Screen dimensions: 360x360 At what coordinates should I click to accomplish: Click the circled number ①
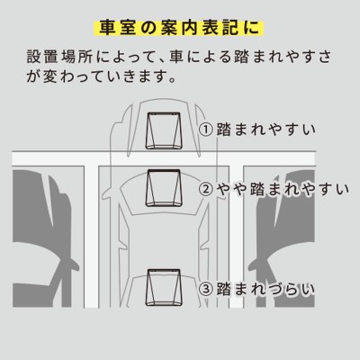[206, 130]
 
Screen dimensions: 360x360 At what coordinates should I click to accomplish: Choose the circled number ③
[206, 289]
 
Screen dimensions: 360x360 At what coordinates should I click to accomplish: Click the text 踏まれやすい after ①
[267, 130]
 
